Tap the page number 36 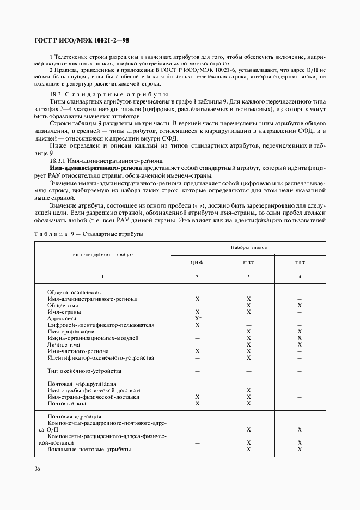point(38,469)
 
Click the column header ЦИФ point(197,263)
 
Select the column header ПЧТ point(248,263)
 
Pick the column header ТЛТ point(299,263)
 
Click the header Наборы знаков point(248,247)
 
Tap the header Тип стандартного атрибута point(102,254)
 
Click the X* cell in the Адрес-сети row point(198,318)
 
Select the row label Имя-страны point(64,312)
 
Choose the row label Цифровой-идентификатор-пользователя point(93,325)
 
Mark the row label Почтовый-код point(68,404)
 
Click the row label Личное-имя point(64,345)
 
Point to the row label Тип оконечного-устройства point(84,371)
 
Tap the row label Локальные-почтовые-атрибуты point(89,449)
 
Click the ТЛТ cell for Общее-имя point(300,305)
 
